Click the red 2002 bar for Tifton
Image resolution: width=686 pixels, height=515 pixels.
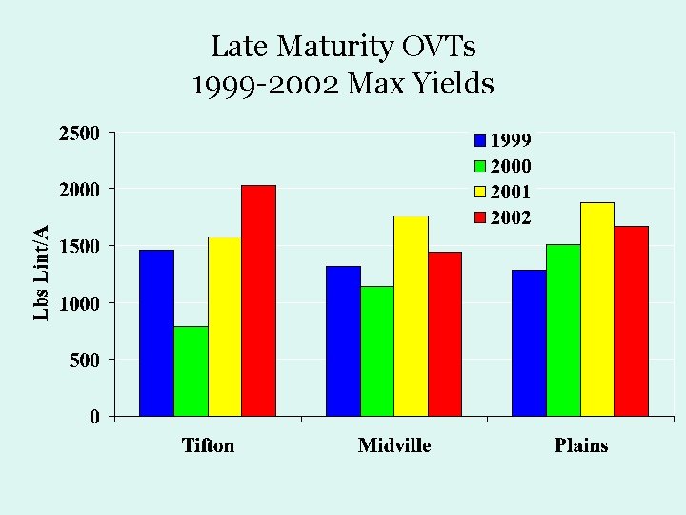[x=259, y=300]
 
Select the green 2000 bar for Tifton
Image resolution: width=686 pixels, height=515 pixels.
[x=191, y=371]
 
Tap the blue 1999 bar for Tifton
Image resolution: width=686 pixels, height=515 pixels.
[x=156, y=333]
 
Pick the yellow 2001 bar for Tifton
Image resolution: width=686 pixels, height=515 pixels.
[x=225, y=326]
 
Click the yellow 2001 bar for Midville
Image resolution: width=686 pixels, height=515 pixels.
[x=411, y=316]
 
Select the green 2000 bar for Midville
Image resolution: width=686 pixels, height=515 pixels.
[x=377, y=351]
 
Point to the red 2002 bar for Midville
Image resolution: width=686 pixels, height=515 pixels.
[x=445, y=334]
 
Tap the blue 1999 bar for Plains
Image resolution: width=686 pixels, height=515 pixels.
[x=529, y=342]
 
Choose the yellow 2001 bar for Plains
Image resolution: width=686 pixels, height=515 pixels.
[x=597, y=309]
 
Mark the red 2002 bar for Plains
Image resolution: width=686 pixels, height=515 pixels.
[x=631, y=320]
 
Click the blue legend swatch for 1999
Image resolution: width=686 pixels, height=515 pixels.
[x=480, y=141]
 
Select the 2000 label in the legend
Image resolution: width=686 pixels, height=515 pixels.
[x=511, y=166]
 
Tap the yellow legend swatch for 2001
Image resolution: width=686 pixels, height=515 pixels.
[x=480, y=192]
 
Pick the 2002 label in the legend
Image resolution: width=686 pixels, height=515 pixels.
[x=511, y=217]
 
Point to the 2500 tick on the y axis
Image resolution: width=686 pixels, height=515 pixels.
[x=80, y=133]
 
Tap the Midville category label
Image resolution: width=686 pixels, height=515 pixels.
[x=394, y=445]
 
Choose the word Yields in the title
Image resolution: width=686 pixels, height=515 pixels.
[x=456, y=85]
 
